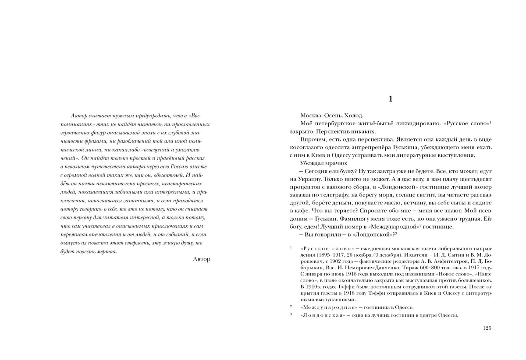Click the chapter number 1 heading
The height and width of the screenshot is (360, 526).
pyautogui.click(x=391, y=99)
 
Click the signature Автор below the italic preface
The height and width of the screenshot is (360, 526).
pyautogui.click(x=202, y=259)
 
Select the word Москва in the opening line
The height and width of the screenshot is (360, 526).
pyautogui.click(x=311, y=116)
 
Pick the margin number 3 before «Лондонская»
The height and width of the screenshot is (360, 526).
pyautogui.click(x=291, y=314)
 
